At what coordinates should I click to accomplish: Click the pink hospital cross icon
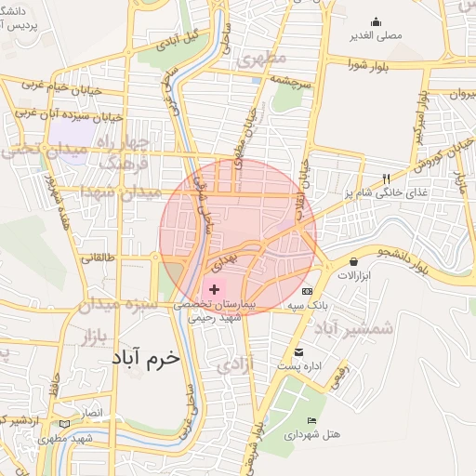tap(214, 291)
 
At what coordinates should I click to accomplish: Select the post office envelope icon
tap(298, 352)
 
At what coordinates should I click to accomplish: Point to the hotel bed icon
tap(311, 421)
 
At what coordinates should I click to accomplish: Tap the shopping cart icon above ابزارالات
tap(354, 262)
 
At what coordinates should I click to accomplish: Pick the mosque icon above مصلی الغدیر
tap(377, 21)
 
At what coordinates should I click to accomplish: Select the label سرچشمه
tap(297, 81)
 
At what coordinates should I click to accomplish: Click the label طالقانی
tap(98, 259)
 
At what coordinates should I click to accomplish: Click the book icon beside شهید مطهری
tap(64, 424)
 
